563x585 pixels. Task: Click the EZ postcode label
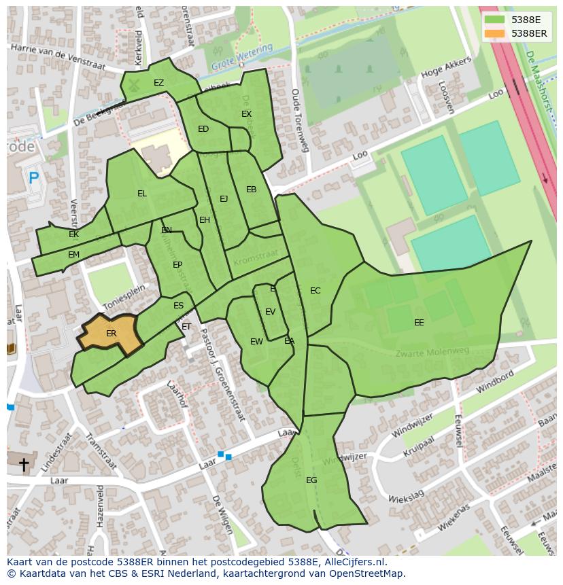158,83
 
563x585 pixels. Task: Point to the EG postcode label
311,480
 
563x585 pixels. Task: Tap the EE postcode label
419,323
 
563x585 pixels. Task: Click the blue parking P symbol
33,179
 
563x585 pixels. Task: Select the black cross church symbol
24,465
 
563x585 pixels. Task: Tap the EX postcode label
246,114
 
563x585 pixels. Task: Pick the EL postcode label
141,194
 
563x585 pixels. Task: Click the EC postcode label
315,291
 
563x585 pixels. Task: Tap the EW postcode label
256,342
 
